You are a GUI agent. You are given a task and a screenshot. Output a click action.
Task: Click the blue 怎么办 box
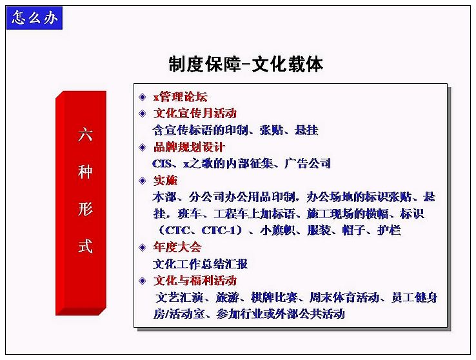(34, 18)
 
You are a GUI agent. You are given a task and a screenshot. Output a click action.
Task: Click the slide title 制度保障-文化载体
(246, 64)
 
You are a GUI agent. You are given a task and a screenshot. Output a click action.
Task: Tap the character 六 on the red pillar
(85, 134)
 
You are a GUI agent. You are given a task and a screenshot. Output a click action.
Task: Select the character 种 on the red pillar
(85, 172)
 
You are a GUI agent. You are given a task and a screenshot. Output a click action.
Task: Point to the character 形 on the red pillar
(85, 209)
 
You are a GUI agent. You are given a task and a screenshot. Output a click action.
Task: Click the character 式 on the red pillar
(85, 246)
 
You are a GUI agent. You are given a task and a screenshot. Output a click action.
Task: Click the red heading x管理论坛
(181, 97)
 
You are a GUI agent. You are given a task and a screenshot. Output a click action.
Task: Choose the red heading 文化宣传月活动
(195, 113)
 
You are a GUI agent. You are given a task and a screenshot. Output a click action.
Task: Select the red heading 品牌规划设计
(189, 147)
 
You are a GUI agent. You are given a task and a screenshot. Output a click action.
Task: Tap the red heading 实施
(166, 181)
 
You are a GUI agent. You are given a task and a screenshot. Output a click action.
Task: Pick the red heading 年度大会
(177, 247)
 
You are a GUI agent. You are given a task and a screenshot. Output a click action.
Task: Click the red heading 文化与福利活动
(195, 280)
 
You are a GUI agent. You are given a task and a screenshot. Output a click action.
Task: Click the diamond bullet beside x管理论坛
(143, 97)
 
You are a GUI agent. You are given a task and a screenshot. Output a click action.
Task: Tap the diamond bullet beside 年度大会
(143, 247)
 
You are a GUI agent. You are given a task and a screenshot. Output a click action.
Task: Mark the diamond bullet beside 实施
(143, 181)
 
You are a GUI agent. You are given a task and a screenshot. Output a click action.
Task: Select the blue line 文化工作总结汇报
(201, 264)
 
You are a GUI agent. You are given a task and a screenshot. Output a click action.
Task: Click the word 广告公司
(307, 164)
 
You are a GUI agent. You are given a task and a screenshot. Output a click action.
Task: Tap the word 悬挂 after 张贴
(306, 130)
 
